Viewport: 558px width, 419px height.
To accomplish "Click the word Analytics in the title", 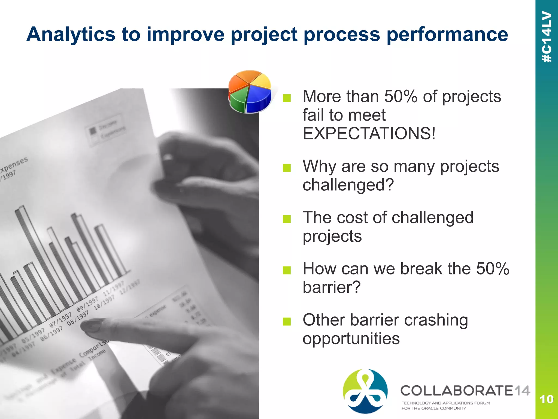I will tap(71, 35).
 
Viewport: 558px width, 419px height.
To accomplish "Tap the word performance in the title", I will tap(447, 35).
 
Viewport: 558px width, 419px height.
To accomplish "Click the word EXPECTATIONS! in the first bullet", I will tap(369, 133).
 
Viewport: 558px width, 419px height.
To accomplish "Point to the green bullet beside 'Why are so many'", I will tap(287, 167).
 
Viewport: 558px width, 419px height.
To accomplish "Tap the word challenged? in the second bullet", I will tap(348, 185).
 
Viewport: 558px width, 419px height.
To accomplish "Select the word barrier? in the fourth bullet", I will tap(331, 287).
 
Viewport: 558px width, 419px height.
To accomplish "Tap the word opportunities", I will tap(351, 339).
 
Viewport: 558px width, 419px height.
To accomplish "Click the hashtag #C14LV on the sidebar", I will tap(547, 37).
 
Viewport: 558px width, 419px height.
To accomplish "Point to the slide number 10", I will tap(546, 399).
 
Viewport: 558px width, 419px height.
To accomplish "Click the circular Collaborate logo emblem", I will tap(365, 391).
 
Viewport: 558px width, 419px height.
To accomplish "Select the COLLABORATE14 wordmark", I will tap(465, 391).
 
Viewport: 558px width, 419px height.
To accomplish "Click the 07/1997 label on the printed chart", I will tap(60, 321).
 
